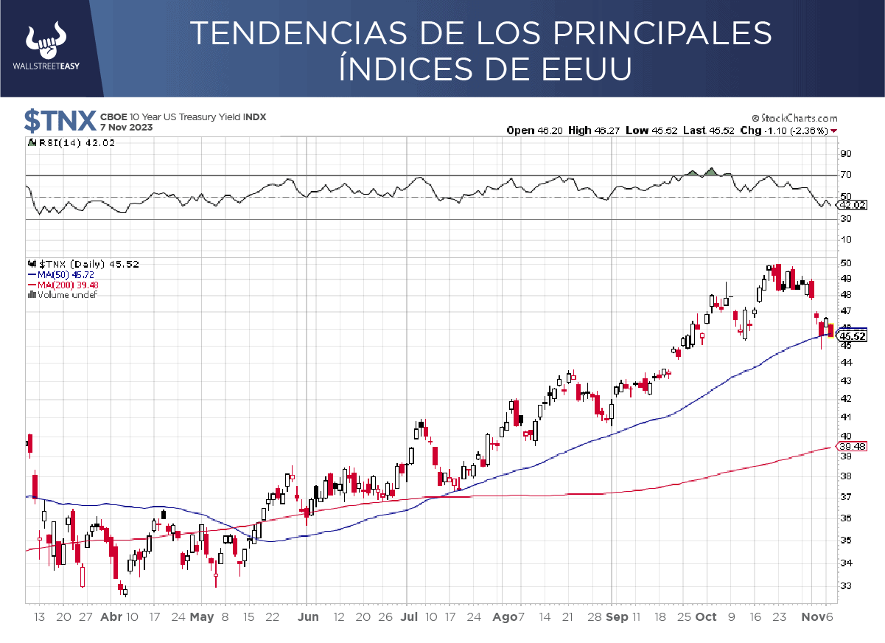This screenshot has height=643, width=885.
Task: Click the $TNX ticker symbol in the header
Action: point(60,119)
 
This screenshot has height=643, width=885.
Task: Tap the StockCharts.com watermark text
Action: point(794,118)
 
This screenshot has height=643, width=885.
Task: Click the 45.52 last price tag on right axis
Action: point(853,336)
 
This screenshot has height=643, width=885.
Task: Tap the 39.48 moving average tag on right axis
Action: point(853,446)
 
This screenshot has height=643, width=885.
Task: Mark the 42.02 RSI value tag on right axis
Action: point(853,205)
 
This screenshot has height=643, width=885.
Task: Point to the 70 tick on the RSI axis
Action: point(845,175)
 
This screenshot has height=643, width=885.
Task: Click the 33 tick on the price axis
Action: point(845,586)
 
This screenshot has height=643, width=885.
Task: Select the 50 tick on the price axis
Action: point(845,263)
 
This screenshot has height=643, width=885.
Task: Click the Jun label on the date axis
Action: point(309,617)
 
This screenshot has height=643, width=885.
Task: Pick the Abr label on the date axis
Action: point(111,617)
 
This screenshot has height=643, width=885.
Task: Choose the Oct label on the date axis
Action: point(706,617)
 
